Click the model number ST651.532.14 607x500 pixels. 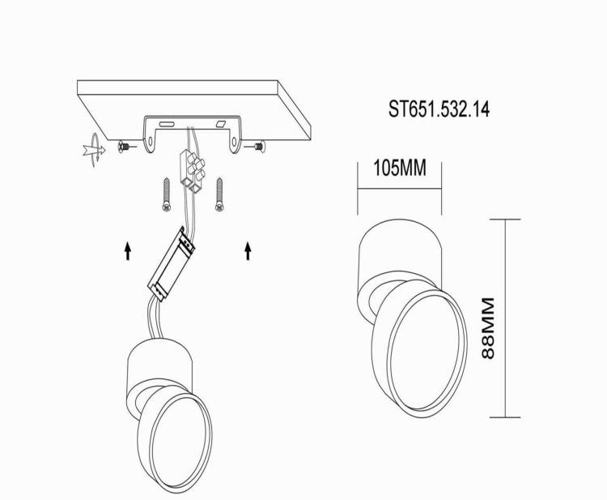(x=439, y=109)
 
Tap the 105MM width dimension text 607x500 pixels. (x=400, y=168)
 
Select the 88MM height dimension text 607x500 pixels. (x=488, y=328)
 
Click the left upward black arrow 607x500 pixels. (x=128, y=250)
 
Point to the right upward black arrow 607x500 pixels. (x=248, y=250)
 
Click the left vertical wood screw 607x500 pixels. (x=167, y=194)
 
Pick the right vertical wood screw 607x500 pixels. (x=219, y=194)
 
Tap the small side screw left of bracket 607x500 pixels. (x=126, y=147)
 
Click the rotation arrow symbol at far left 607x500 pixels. (x=95, y=150)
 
